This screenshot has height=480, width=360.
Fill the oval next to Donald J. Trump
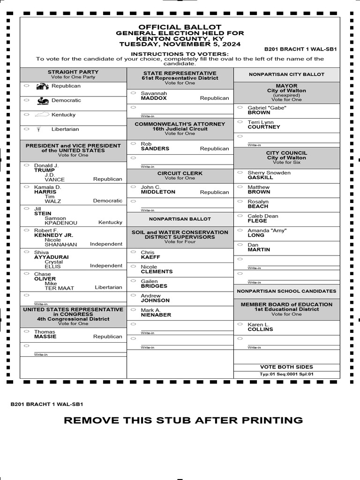point(26,165)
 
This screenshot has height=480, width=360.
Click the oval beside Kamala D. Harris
point(26,187)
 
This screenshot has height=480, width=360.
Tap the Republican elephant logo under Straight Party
point(43,86)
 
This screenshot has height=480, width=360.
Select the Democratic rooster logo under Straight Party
point(43,100)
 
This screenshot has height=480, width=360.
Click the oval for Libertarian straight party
point(26,129)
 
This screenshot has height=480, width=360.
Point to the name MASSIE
point(45,337)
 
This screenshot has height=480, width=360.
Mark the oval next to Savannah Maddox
point(133,94)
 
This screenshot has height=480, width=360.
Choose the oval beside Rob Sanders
point(133,144)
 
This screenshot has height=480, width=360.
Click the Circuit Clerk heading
point(180,173)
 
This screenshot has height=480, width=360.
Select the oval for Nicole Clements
point(133,267)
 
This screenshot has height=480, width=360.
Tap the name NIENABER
point(156,315)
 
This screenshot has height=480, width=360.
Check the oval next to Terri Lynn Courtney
point(240,122)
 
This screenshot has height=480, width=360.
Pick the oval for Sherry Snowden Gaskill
point(240,173)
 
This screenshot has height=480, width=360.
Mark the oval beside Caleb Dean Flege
point(240,216)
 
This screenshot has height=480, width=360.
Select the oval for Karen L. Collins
point(240,324)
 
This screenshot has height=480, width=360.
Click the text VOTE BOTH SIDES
point(286,367)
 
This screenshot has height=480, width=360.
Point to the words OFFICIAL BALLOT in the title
point(180,27)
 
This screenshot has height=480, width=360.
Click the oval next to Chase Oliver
point(26,274)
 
